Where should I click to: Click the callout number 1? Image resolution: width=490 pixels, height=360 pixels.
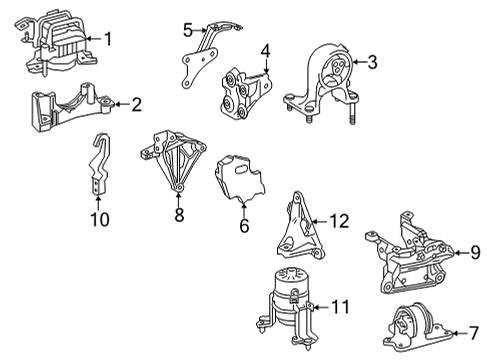[109, 39]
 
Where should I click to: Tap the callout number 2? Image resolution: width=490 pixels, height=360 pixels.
[137, 102]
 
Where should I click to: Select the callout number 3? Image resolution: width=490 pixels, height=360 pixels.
[372, 64]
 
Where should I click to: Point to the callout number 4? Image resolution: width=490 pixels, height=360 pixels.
[265, 49]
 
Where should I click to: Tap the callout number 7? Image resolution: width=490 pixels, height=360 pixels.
[461, 331]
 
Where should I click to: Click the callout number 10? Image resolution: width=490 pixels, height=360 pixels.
[98, 217]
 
